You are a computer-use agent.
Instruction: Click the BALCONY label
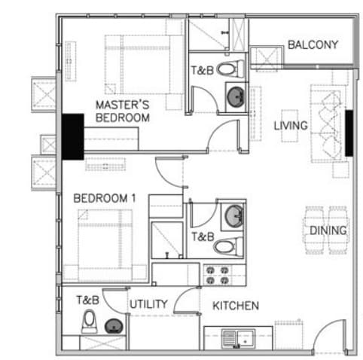(313, 45)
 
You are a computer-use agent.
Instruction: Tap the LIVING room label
(291, 126)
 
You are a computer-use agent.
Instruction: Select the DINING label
(328, 230)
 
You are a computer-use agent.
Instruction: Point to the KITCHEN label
(236, 306)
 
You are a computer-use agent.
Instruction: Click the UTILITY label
(148, 304)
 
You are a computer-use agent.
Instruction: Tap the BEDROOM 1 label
(105, 198)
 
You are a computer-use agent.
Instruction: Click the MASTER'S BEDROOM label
(123, 111)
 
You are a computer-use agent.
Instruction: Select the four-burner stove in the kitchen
(218, 275)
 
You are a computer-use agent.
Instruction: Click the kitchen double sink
(238, 339)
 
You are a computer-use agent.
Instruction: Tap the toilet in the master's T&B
(230, 69)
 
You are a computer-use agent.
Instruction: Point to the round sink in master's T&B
(236, 96)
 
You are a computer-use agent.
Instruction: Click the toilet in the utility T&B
(89, 321)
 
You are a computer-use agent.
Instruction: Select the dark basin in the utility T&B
(114, 326)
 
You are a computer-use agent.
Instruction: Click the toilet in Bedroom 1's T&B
(228, 246)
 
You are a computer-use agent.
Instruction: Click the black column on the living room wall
(349, 133)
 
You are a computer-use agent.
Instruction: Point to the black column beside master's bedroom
(73, 137)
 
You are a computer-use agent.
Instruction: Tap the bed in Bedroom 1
(105, 246)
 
